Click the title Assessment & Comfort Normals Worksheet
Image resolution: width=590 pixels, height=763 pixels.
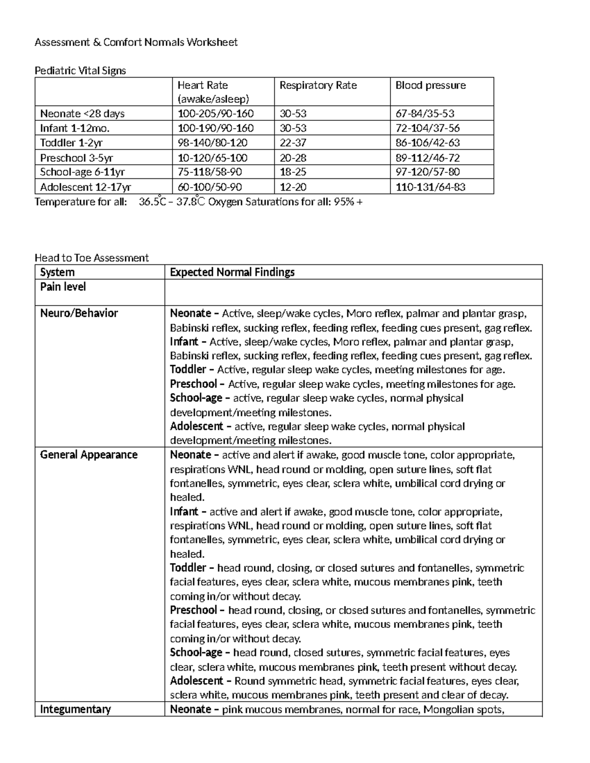click(x=136, y=42)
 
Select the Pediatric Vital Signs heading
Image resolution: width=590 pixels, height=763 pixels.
click(x=80, y=71)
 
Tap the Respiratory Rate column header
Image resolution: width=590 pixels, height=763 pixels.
click(x=318, y=85)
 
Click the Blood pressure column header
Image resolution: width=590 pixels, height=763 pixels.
click(x=430, y=85)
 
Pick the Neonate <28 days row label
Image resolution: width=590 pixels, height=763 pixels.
click(x=82, y=114)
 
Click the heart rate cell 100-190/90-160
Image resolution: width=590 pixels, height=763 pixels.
click(x=215, y=128)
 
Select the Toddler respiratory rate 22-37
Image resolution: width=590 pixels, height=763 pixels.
click(x=293, y=143)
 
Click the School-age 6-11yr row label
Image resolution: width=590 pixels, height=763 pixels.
click(x=82, y=172)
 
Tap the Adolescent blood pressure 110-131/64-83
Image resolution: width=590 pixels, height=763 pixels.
click(x=430, y=187)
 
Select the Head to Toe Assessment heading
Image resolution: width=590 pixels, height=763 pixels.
click(x=91, y=258)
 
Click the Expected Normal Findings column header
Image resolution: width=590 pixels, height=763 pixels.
click(x=232, y=272)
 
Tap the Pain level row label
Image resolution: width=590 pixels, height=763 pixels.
click(x=63, y=287)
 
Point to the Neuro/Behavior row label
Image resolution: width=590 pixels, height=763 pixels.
click(x=79, y=313)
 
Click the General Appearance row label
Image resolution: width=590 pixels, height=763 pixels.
click(x=88, y=455)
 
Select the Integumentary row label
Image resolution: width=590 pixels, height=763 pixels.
click(x=75, y=709)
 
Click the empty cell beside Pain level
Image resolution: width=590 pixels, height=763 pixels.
click(x=353, y=293)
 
